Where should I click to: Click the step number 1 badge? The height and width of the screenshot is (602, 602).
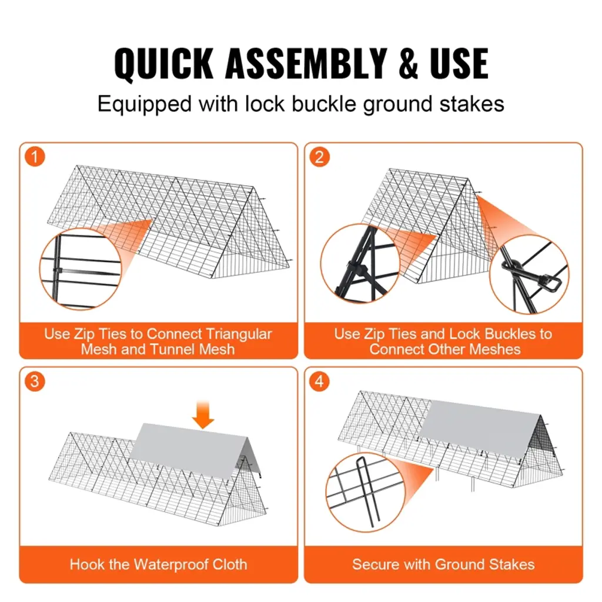(35, 156)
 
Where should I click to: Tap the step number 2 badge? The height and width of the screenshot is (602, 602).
(319, 156)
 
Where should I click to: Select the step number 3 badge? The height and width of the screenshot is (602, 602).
(35, 381)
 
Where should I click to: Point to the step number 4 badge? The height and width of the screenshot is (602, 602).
(319, 381)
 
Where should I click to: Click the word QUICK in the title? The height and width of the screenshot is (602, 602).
(164, 63)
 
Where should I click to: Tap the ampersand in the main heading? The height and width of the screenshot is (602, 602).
(408, 63)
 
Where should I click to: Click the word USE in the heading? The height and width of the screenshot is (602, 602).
(459, 63)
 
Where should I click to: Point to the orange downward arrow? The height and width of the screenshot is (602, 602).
(203, 414)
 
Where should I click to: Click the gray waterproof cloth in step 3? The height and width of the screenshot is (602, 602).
(194, 449)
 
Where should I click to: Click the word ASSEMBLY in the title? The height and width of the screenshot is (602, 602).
(306, 63)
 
